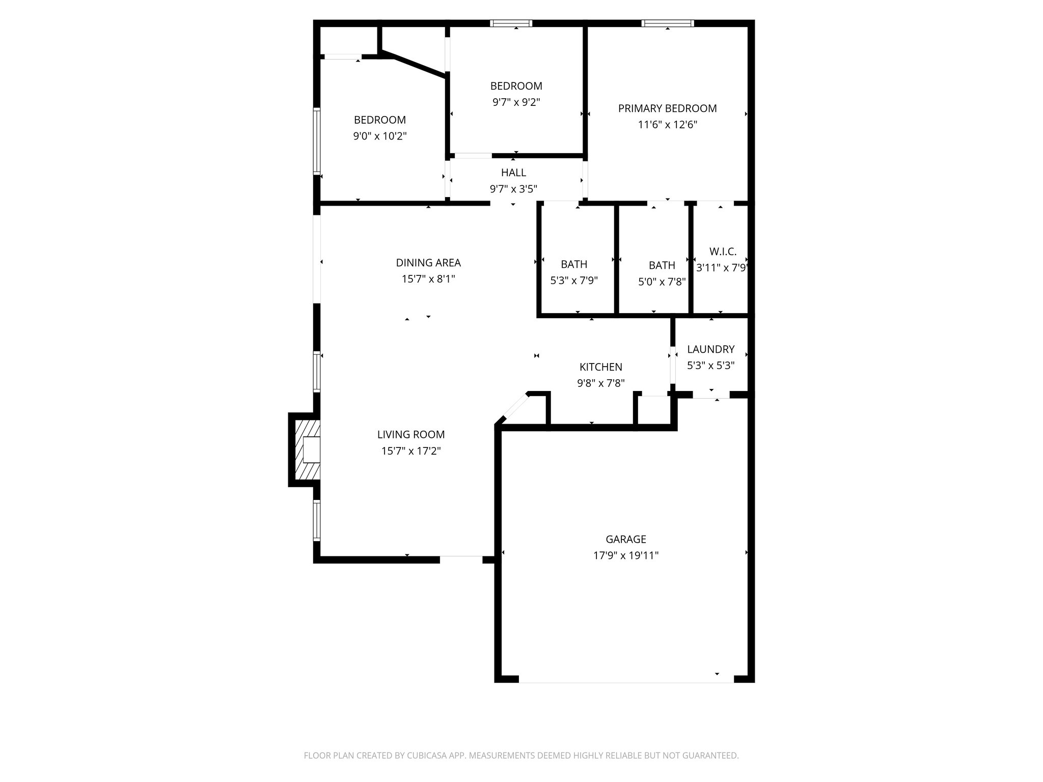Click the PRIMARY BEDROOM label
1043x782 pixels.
tap(667, 108)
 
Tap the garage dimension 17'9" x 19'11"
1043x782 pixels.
tap(625, 555)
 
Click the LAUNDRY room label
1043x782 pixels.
tap(710, 349)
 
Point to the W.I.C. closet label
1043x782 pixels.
tap(722, 252)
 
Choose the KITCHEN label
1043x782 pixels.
tap(600, 367)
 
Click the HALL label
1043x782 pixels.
tap(513, 173)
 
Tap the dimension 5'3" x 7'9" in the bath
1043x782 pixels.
tap(573, 281)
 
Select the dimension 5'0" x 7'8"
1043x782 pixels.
tap(662, 282)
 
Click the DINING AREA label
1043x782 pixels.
tap(428, 263)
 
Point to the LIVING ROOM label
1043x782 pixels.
tap(410, 435)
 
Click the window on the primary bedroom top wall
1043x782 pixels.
tap(667, 23)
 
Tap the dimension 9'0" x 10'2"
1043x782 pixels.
tap(379, 136)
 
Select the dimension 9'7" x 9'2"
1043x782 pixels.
tap(516, 102)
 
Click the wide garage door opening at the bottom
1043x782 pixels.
tap(625, 679)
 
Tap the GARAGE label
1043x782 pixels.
tap(625, 539)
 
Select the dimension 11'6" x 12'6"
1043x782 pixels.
tap(667, 125)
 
